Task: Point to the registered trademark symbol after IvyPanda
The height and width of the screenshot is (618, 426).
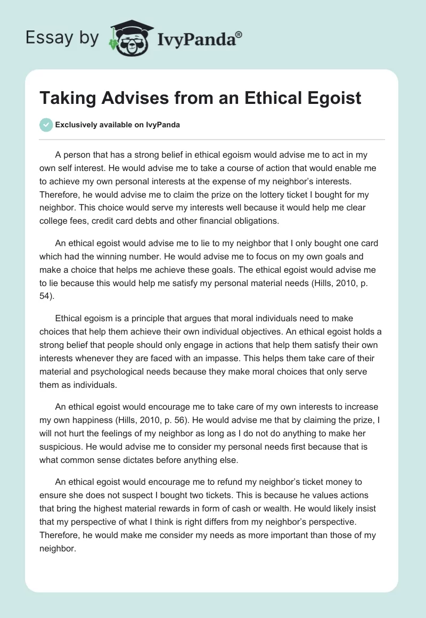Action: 239,35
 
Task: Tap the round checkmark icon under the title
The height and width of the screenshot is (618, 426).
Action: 46,125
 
